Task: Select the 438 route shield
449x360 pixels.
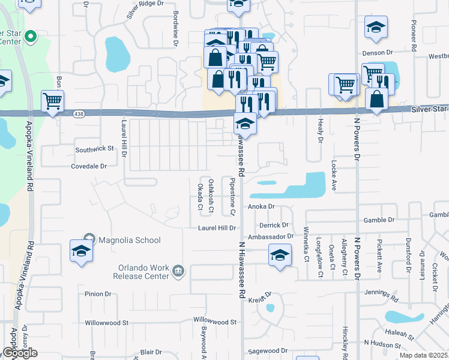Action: coord(79,113)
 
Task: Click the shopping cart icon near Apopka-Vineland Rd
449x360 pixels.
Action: coord(53,101)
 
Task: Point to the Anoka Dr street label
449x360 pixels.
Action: coord(261,206)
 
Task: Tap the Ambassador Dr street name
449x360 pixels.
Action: coord(273,236)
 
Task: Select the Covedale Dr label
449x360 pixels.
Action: coord(88,166)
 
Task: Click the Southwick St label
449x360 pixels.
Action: coord(94,148)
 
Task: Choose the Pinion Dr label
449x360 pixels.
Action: coord(98,294)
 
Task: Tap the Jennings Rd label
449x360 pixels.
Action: coord(381,294)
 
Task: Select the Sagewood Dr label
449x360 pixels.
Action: coord(268,350)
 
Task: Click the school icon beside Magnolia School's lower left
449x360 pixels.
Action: coord(81,251)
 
